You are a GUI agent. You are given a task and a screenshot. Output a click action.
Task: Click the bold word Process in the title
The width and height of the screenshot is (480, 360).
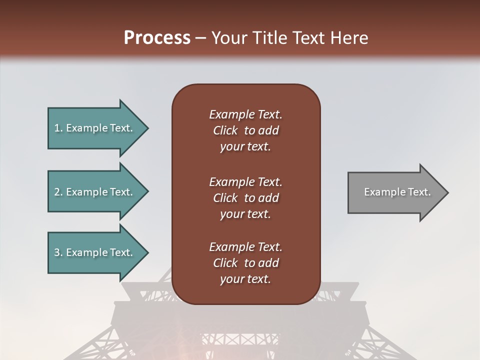tap(157, 38)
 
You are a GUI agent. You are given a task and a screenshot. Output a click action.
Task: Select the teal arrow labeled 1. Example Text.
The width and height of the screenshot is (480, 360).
tap(95, 128)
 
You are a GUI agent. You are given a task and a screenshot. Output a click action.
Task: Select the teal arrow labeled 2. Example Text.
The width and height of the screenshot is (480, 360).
tap(95, 192)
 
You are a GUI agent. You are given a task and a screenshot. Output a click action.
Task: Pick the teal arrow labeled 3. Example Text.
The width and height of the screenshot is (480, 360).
tap(95, 252)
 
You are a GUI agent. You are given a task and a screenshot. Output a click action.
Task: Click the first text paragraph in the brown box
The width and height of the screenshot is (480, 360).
tap(245, 130)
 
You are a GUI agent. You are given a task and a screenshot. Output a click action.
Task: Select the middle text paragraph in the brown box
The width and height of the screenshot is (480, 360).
tap(245, 198)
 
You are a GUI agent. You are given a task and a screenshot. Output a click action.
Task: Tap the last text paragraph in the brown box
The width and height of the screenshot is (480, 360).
tap(245, 263)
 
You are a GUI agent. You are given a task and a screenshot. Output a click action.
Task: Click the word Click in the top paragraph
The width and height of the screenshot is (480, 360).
tap(225, 130)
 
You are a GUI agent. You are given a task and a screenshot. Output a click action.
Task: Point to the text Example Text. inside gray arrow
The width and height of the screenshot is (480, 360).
tap(397, 192)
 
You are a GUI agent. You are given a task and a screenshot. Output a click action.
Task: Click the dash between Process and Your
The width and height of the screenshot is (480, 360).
tap(201, 38)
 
